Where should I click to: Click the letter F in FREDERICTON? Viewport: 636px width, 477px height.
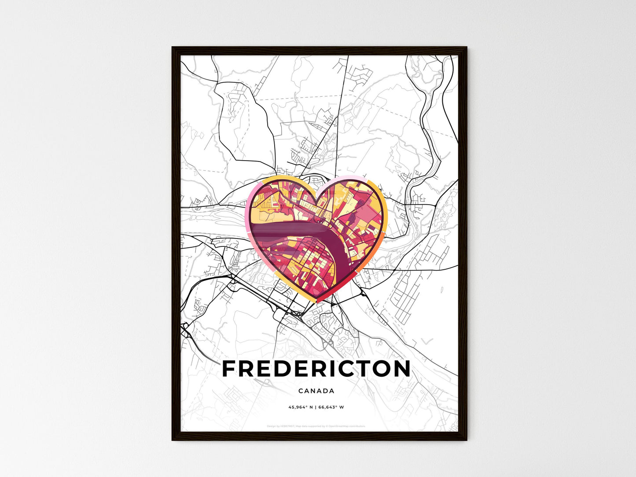click(230, 369)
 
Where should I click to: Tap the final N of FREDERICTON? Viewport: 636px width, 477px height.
click(401, 369)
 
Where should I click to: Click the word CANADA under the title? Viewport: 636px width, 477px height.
click(316, 391)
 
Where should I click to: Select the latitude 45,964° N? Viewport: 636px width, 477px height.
click(300, 407)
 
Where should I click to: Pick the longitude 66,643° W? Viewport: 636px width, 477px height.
click(332, 407)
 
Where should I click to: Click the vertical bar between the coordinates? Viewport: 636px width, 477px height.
click(316, 407)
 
